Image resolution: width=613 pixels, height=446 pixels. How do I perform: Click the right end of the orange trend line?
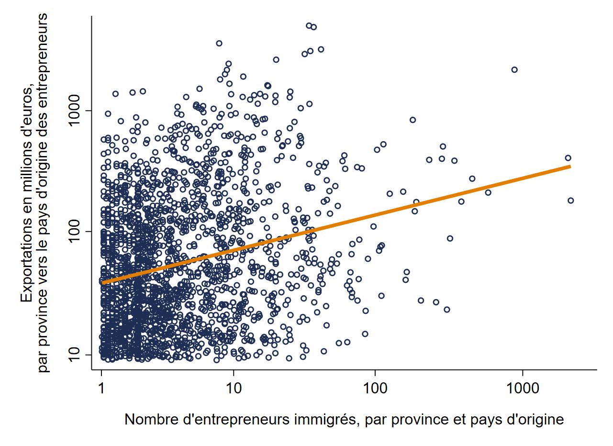click(x=570, y=166)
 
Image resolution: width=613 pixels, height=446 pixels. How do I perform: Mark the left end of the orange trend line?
click(x=102, y=283)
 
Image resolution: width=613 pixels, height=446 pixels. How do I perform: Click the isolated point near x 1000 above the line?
click(x=514, y=69)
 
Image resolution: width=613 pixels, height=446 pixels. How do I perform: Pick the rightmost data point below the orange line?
click(x=570, y=201)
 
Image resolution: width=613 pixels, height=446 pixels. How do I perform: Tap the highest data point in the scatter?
click(x=309, y=25)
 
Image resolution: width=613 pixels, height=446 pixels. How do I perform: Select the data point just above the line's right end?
click(x=568, y=158)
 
